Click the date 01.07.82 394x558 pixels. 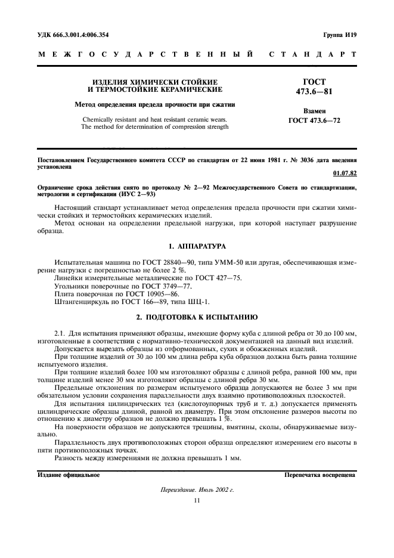click(345, 173)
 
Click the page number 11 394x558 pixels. click(197, 500)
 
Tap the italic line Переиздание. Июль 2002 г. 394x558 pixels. click(197, 489)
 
